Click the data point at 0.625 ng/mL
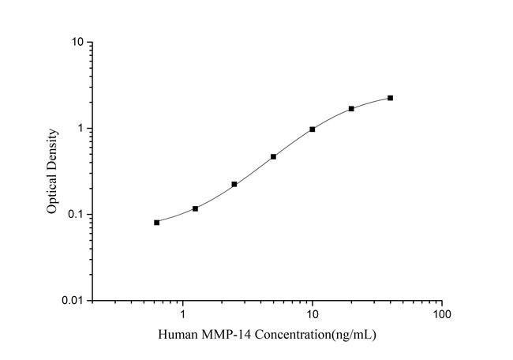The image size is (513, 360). (156, 223)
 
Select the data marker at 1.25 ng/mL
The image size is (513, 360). (195, 208)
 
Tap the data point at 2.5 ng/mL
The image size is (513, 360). (234, 184)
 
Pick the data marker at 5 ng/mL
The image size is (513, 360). (273, 156)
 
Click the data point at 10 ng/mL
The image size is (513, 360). (313, 129)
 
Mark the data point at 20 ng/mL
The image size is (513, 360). (351, 108)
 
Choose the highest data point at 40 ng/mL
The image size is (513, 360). (390, 98)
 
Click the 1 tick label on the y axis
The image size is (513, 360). (82, 128)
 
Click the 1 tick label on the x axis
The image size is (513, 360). (183, 314)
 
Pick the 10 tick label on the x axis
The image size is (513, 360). (313, 314)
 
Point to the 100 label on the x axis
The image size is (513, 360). (442, 314)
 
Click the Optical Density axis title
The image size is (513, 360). (52, 171)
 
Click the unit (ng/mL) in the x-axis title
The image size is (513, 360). (354, 336)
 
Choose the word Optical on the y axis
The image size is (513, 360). (52, 194)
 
